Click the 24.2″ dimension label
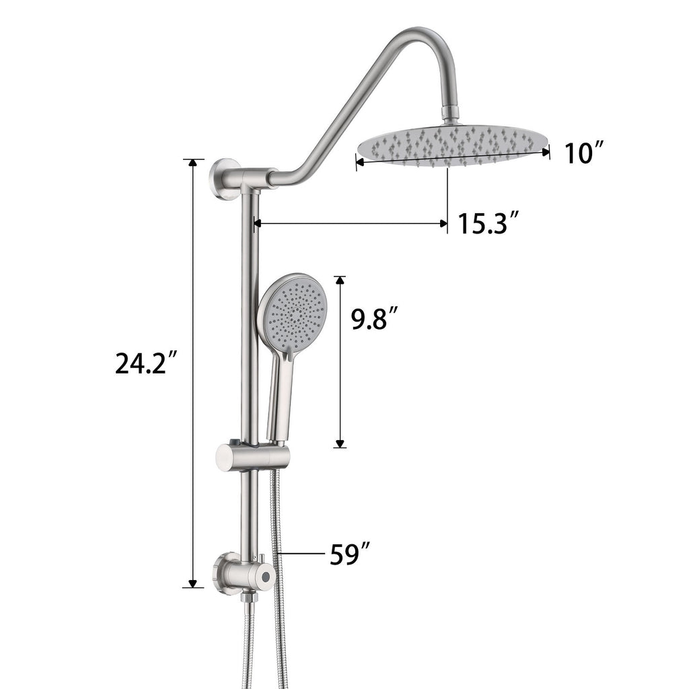(x=146, y=363)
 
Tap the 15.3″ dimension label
(x=489, y=223)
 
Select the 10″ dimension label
(x=584, y=153)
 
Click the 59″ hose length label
(x=349, y=554)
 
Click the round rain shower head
(x=454, y=145)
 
